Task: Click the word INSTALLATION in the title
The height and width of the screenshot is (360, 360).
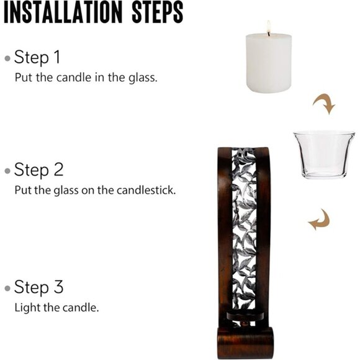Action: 63,12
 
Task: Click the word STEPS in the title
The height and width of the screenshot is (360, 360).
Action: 158,12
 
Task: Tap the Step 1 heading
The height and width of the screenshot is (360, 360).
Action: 37,57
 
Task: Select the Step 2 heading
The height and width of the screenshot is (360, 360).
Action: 38,170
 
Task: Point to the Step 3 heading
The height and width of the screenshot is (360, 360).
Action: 38,287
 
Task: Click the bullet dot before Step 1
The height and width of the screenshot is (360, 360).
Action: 7,58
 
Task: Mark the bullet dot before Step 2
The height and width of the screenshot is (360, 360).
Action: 7,171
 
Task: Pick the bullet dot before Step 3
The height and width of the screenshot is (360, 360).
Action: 7,288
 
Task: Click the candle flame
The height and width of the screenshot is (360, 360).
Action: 269,27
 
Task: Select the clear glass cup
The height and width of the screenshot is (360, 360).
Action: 324,155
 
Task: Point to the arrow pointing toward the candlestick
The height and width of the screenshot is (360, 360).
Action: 320,221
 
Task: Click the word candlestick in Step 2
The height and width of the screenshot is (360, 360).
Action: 146,190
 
